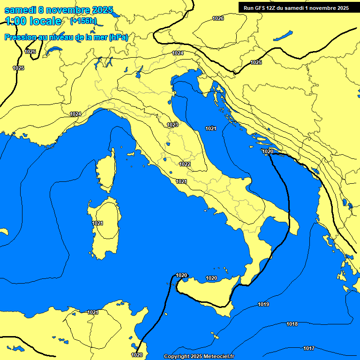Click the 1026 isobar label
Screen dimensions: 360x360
pyautogui.click(x=218, y=18)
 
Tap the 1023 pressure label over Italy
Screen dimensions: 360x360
pyautogui.click(x=172, y=125)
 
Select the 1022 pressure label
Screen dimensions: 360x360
pyautogui.click(x=185, y=164)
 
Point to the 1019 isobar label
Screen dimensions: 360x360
pyautogui.click(x=263, y=304)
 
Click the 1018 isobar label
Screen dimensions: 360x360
pyautogui.click(x=292, y=324)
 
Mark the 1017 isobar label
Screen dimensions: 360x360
pyautogui.click(x=309, y=348)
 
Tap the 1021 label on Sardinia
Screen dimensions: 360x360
pyautogui.click(x=97, y=223)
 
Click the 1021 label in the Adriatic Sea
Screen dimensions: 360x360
pyautogui.click(x=211, y=128)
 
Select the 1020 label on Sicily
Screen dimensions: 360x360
pyautogui.click(x=211, y=278)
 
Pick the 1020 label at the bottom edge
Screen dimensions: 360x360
pyautogui.click(x=137, y=355)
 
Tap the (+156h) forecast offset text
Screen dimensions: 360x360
pyautogui.click(x=83, y=21)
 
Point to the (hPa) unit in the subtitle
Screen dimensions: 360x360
pyautogui.click(x=118, y=37)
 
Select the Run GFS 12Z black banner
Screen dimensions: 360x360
pyautogui.click(x=296, y=7)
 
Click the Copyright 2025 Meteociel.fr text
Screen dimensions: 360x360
pyautogui.click(x=199, y=356)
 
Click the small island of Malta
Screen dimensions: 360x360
pyautogui.click(x=216, y=336)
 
